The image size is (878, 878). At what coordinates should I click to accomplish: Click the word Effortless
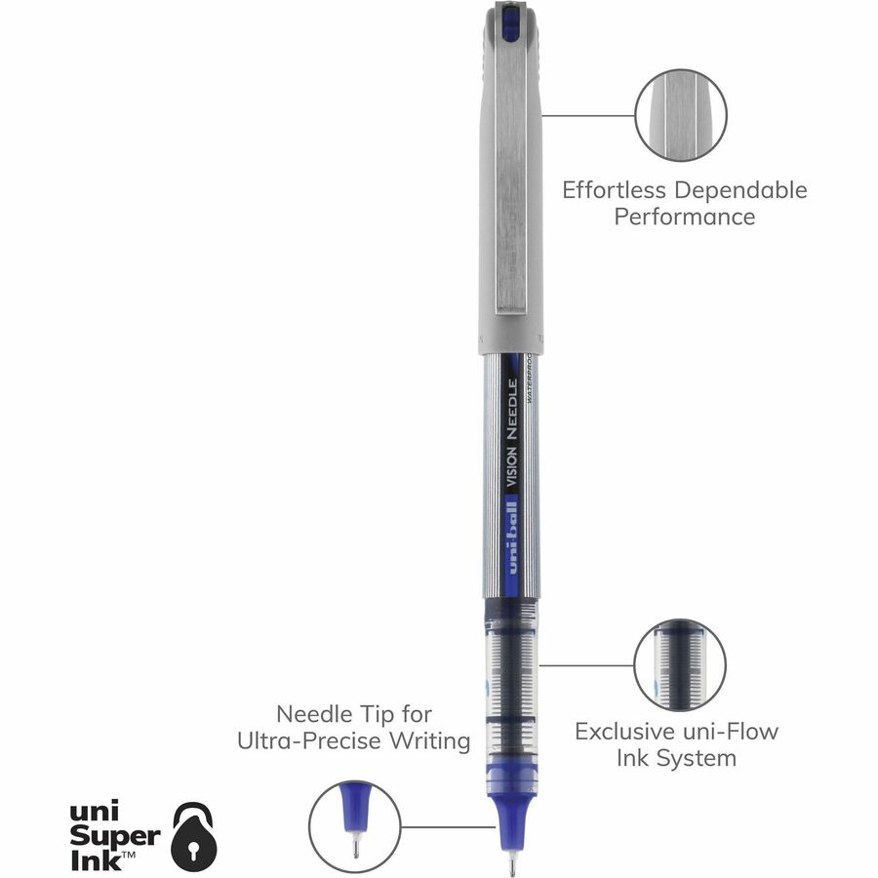tap(615, 190)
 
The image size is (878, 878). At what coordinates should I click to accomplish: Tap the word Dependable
tap(740, 190)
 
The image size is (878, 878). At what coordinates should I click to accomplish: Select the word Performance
tap(684, 217)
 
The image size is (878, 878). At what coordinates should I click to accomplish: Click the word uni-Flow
tap(730, 732)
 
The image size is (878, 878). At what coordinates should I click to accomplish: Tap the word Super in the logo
tap(115, 838)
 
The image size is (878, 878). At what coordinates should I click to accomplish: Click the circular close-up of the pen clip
tap(680, 116)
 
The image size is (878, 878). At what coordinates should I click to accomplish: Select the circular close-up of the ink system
tap(680, 665)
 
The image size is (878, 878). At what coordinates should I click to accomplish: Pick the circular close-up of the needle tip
tap(355, 826)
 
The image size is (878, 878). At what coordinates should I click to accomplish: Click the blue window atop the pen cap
tap(510, 22)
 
